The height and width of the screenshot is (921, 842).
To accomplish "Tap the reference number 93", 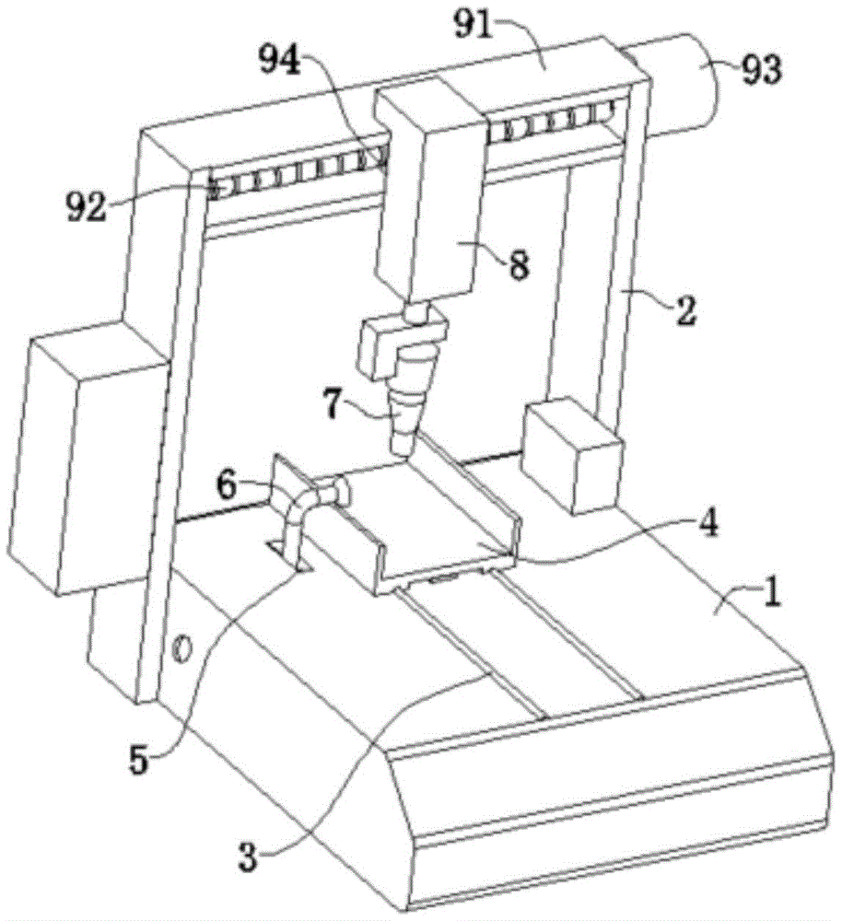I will [x=760, y=72].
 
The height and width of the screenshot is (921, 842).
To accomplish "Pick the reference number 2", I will [x=686, y=309].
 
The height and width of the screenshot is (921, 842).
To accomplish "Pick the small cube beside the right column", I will [x=571, y=451].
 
